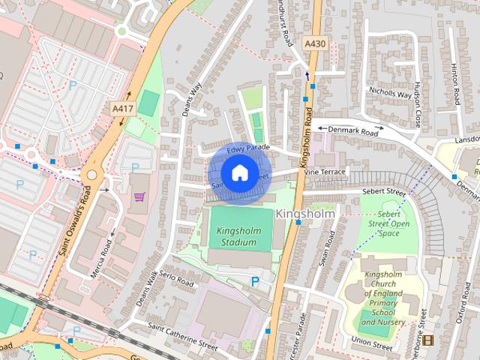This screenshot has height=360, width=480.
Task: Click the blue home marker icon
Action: pyautogui.click(x=239, y=172)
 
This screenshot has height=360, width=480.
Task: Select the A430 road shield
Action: pyautogui.click(x=315, y=44)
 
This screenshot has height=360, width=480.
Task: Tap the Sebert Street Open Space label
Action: pyautogui.click(x=388, y=223)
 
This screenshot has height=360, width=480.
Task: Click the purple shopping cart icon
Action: pyautogui.click(x=139, y=196)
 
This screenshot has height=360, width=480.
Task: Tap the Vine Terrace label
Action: pyautogui.click(x=325, y=172)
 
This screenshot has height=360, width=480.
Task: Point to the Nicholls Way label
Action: pyautogui.click(x=390, y=94)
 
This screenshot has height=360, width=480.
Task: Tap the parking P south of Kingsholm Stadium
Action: pyautogui.click(x=255, y=281)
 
